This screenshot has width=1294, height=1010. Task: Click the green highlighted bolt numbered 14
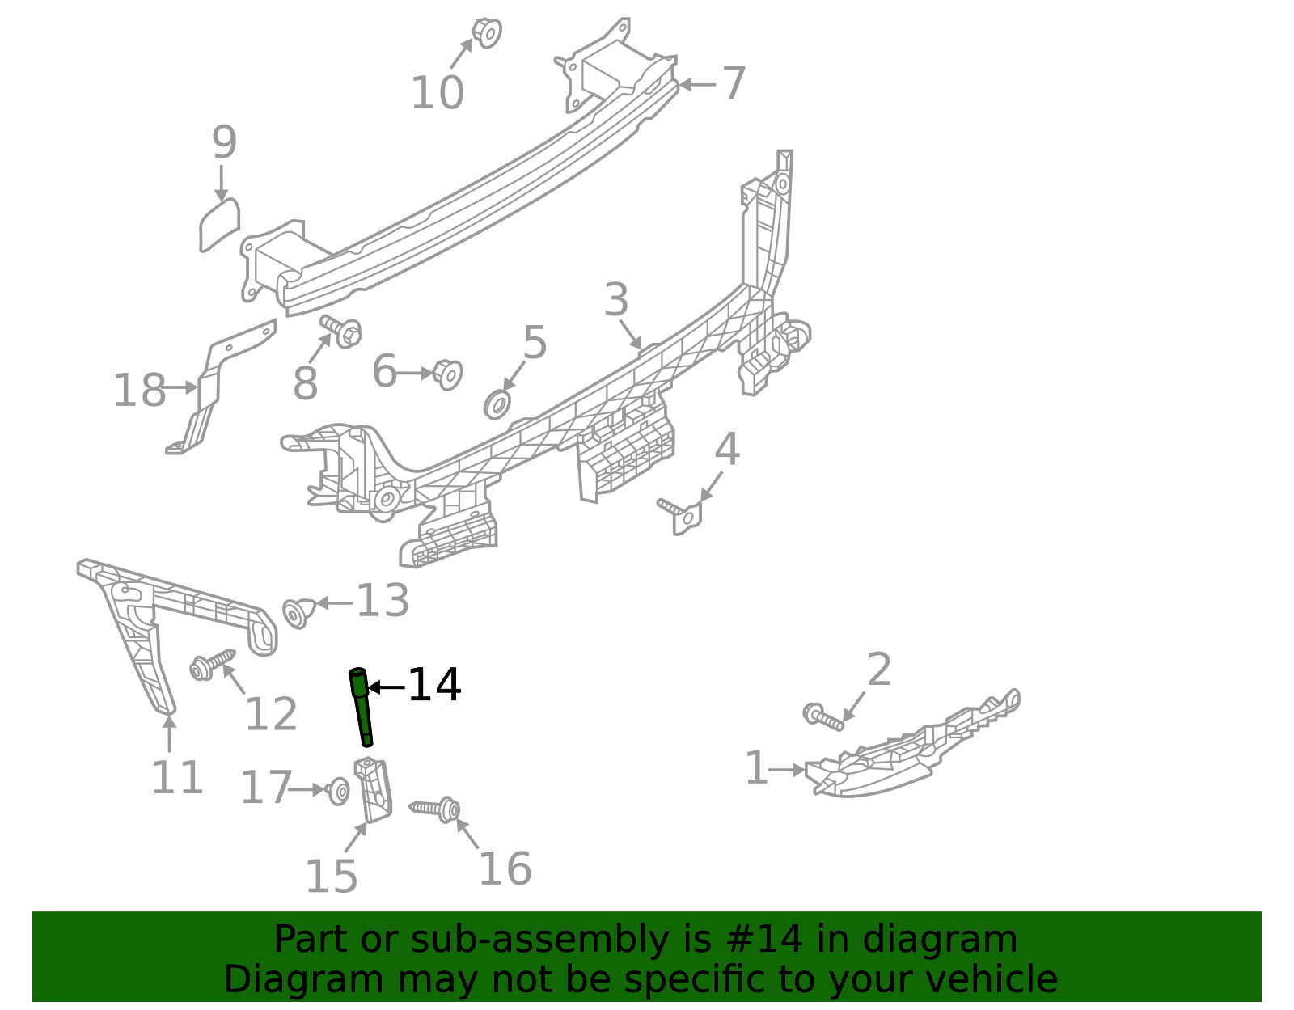362,706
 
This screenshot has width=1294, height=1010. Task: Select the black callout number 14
434,686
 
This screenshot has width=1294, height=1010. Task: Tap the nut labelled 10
487,32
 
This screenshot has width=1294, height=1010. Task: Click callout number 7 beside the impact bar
733,83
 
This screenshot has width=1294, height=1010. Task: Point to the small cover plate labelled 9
219,225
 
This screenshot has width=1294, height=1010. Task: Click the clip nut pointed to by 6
447,374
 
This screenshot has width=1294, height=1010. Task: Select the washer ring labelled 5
497,404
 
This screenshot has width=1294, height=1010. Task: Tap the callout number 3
615,300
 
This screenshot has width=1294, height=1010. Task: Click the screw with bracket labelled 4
682,514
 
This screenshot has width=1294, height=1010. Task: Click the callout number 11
177,778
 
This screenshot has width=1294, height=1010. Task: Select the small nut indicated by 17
338,791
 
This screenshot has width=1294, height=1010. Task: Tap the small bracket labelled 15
374,790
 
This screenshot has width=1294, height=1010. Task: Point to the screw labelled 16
436,809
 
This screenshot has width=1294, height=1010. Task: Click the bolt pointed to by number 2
822,715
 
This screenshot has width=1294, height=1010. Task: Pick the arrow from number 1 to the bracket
786,770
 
